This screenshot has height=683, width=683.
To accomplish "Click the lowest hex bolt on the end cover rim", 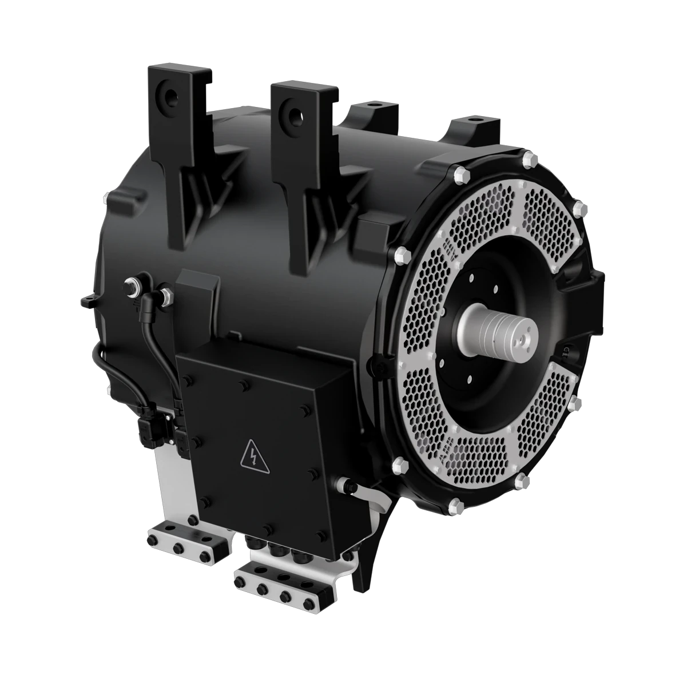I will tap(455, 505).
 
